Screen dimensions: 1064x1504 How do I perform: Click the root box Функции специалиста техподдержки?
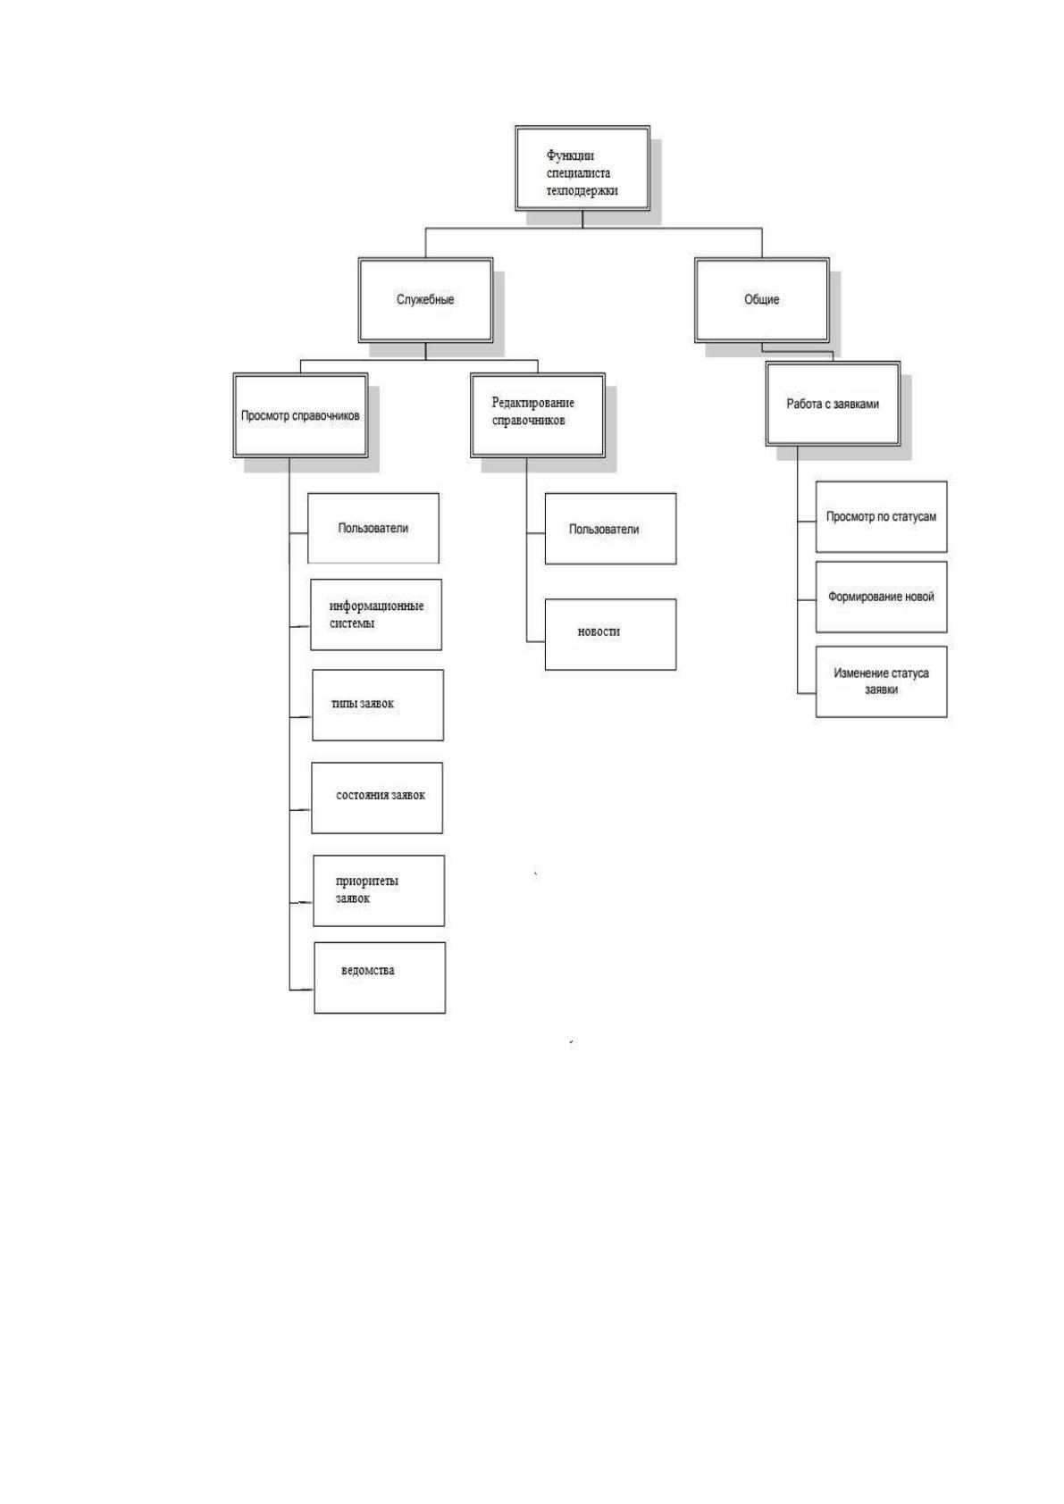582,168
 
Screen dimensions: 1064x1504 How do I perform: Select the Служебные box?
425,300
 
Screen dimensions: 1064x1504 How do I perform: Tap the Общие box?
762,300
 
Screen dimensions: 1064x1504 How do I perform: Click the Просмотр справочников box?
300,415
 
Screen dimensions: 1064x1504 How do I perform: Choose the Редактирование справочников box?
538,415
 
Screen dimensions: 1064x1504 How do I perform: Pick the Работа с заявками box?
833,405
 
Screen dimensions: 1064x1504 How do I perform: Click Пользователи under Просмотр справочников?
373,529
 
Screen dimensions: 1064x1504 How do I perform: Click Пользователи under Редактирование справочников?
610,529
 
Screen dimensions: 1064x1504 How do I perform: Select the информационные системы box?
375,615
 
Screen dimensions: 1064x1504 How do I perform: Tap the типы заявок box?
378,706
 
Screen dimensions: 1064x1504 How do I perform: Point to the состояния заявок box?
377,798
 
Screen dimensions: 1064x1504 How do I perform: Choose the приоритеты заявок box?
379,891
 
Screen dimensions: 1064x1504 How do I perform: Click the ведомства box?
380,978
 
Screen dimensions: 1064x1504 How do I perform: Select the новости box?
610,635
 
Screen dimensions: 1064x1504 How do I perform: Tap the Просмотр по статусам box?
881,517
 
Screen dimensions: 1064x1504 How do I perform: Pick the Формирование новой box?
881,597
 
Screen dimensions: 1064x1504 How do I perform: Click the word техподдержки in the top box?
582,191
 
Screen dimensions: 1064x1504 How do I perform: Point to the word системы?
351,623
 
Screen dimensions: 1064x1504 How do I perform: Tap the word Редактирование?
532,404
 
